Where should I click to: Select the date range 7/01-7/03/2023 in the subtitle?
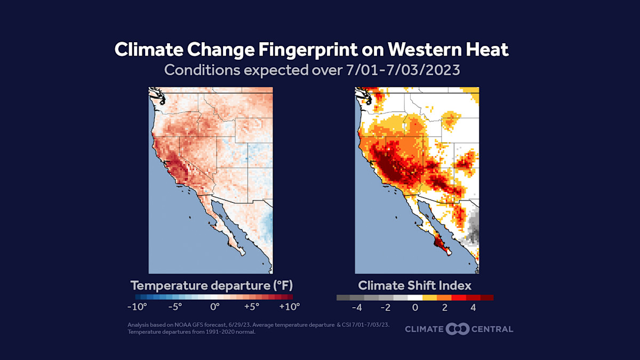[399, 70]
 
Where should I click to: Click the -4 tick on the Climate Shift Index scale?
[356, 307]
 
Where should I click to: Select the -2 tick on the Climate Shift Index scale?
[386, 307]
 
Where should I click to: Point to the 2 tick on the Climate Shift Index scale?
[444, 307]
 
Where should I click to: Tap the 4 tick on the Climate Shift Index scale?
[473, 307]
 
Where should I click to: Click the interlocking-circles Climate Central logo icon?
[458, 329]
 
